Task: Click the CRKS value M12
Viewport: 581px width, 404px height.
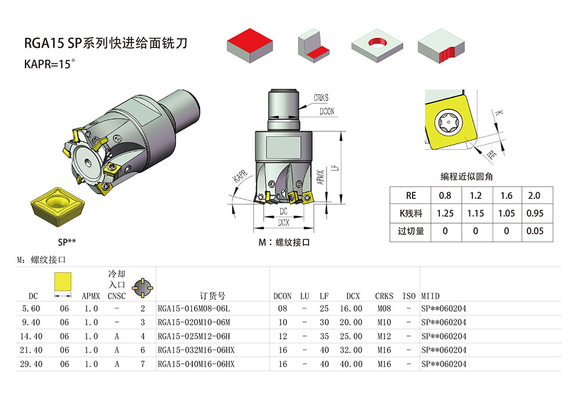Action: coord(383,337)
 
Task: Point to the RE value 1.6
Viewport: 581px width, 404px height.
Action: coord(506,196)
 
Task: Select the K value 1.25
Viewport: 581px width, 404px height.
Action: coord(444,213)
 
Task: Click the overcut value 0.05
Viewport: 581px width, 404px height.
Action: coord(536,231)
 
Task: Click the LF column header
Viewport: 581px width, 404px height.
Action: coord(324,296)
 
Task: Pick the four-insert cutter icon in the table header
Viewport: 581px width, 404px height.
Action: coord(142,285)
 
